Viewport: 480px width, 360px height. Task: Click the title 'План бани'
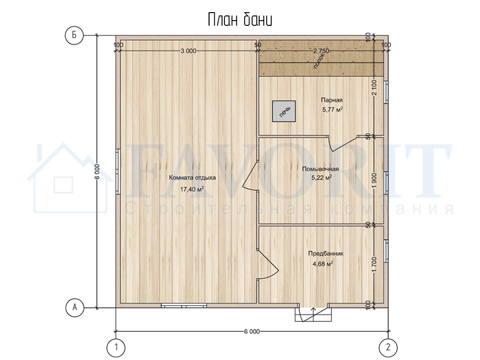tap(240, 20)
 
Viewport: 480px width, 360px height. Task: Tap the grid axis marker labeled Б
tap(75, 35)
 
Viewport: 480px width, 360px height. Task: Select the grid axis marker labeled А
tap(75, 307)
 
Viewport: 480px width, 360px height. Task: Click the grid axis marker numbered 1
tap(116, 347)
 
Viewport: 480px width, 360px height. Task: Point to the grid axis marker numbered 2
tap(389, 347)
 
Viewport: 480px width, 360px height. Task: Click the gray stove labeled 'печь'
tap(284, 111)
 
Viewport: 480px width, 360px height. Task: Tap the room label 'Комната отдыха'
tap(192, 178)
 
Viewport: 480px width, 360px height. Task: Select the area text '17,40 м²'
tap(192, 189)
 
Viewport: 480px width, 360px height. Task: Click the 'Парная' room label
tap(331, 100)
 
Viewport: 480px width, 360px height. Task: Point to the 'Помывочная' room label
tap(320, 169)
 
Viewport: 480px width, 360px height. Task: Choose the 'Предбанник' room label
tap(326, 254)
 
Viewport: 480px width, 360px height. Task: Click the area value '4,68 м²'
tap(322, 263)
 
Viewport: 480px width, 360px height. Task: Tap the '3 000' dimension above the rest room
tap(188, 51)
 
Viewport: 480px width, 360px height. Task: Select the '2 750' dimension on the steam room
tap(321, 51)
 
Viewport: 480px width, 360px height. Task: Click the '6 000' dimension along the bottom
tap(252, 331)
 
